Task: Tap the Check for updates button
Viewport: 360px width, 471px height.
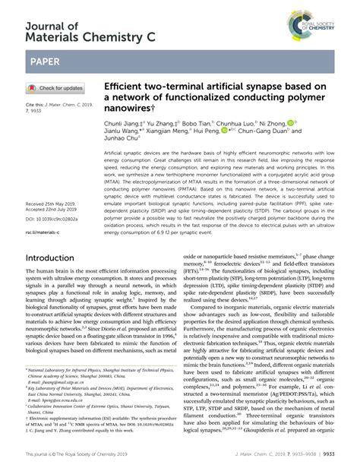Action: coord(55,87)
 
